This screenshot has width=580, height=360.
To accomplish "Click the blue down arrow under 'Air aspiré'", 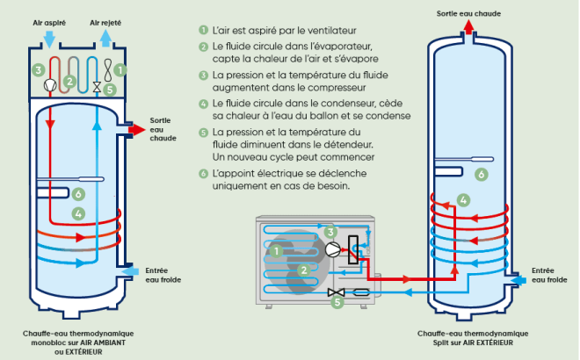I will click(x=49, y=39).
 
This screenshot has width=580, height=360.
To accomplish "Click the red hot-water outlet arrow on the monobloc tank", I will click(x=136, y=129).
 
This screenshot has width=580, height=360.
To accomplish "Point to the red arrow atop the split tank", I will click(x=470, y=27).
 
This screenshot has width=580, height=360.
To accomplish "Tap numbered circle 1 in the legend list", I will click(x=204, y=30).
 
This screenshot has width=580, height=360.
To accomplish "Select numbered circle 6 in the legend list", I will click(x=204, y=173).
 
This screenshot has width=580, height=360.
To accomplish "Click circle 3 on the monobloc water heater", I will click(x=38, y=69).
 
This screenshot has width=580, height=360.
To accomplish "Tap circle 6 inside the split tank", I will click(x=481, y=175).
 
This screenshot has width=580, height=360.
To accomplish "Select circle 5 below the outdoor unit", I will click(x=336, y=302).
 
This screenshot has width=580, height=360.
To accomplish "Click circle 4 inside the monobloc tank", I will click(x=78, y=213).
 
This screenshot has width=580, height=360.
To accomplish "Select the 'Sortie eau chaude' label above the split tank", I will click(x=470, y=12).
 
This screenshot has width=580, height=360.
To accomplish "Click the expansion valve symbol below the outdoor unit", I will click(x=335, y=292).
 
